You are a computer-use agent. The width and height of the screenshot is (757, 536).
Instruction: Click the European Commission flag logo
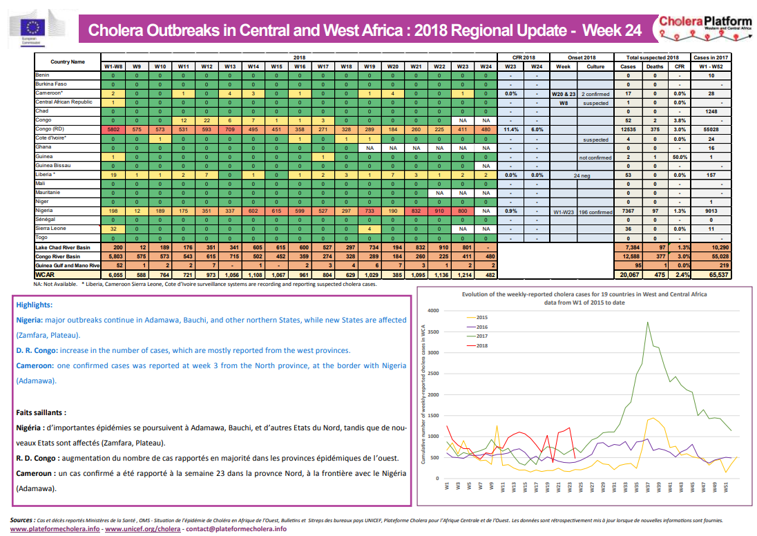(x=33, y=27)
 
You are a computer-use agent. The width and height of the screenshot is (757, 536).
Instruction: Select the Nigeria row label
(x=46, y=210)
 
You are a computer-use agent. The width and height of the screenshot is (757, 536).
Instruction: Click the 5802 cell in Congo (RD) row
(x=113, y=129)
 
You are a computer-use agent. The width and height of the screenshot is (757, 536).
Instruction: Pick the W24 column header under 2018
(x=486, y=66)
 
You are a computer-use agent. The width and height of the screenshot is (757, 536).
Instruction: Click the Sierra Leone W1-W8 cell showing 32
(x=113, y=228)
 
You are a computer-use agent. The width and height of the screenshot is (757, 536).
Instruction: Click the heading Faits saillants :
(x=41, y=412)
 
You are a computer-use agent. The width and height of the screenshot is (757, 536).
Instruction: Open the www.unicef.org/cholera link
(x=142, y=528)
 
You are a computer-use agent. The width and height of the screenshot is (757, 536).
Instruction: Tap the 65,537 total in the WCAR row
(x=711, y=274)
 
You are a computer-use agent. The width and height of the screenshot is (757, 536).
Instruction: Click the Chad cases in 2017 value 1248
(x=711, y=111)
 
